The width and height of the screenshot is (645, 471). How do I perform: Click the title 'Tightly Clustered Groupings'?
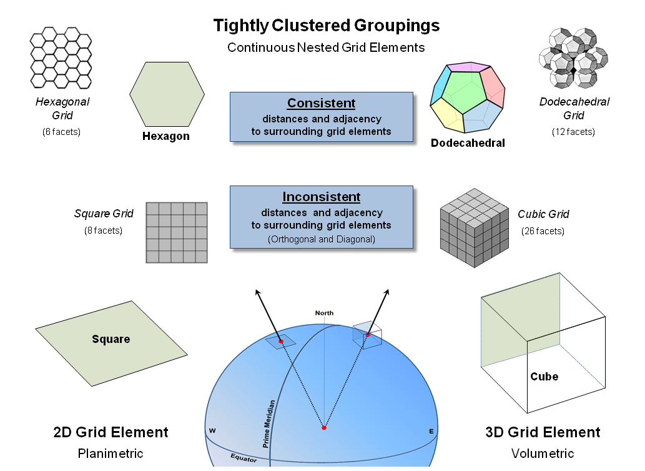coord(326,26)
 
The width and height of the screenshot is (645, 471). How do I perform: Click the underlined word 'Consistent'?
coord(321,103)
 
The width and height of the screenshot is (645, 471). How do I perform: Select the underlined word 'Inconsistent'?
coord(321,197)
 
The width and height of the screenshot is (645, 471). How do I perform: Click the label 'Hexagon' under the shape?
coord(166,136)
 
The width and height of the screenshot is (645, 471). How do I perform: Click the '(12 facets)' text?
coord(573,132)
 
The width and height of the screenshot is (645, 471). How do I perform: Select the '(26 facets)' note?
coord(543,231)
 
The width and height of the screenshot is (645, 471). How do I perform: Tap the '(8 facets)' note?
coord(103,231)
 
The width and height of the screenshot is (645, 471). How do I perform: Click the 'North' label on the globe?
coord(324,313)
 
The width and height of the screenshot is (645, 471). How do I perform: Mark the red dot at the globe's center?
coord(323,428)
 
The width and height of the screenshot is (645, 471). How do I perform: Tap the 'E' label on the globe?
coord(431,431)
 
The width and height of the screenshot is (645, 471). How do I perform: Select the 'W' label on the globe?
coord(212,430)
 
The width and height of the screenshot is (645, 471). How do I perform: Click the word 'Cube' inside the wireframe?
coord(544,377)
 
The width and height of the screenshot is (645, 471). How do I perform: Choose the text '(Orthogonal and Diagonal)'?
coord(321,239)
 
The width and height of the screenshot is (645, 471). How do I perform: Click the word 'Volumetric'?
coord(542,454)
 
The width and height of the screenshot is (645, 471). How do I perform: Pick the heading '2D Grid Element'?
coord(111,432)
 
